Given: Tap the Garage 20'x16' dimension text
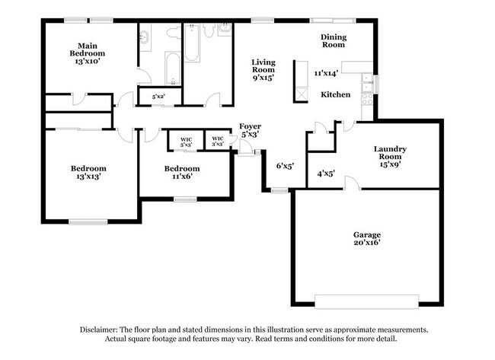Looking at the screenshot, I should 366,243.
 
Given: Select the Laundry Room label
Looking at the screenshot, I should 389,153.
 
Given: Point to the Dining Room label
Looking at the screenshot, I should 333,40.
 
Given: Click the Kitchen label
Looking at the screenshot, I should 335,94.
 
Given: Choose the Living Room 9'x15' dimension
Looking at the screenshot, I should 263,77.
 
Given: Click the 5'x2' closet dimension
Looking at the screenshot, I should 159,97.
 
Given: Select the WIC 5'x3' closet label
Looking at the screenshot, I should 187,141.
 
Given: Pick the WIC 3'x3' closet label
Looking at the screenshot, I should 217,141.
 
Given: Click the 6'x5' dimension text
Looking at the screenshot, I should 285,164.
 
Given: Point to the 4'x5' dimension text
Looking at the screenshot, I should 326,174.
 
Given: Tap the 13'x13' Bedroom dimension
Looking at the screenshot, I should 88,176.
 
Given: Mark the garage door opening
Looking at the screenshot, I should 366,298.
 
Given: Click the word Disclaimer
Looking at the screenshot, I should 100,330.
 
